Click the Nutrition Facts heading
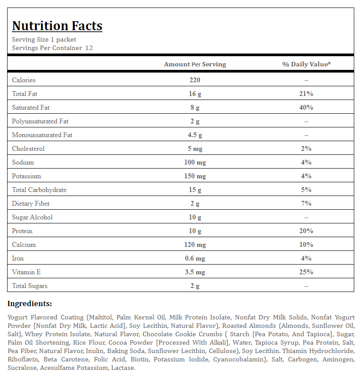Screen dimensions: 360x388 [57, 26]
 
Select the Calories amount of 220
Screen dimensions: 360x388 [195, 80]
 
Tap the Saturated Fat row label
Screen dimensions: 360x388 [31, 108]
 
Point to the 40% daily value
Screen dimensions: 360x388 [306, 108]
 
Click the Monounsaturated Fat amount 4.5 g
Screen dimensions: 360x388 [195, 135]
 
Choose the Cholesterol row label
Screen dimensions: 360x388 [28, 149]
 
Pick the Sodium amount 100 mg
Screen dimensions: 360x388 [195, 162]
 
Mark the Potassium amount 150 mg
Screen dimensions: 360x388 [195, 176]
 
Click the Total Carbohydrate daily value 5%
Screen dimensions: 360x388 [306, 190]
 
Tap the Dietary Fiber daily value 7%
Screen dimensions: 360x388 [306, 204]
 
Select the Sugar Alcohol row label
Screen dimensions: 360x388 [32, 217]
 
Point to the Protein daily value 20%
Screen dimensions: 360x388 [306, 231]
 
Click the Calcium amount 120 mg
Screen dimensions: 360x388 [195, 245]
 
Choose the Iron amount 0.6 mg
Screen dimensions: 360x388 [195, 258]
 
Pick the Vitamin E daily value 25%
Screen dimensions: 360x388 [306, 272]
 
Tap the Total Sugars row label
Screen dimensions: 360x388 [30, 286]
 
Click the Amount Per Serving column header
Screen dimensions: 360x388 [195, 64]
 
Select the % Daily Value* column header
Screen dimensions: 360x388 [306, 64]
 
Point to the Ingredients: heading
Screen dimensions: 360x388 [30, 303]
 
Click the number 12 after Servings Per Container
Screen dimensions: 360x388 [89, 48]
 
